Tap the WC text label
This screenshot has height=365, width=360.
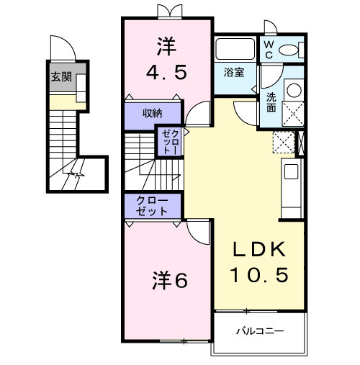click(x=268, y=48)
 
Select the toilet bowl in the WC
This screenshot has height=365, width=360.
click(x=291, y=49)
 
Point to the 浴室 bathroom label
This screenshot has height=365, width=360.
click(x=233, y=73)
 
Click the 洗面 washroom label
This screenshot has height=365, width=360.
click(x=271, y=102)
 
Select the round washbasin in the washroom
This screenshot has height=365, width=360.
click(x=294, y=91)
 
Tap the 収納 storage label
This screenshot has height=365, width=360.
click(x=151, y=113)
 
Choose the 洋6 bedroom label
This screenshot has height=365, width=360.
click(x=170, y=280)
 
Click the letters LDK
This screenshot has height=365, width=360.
click(x=258, y=250)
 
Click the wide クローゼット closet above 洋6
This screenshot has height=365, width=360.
click(x=153, y=207)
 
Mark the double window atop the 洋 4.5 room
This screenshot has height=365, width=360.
click(x=166, y=12)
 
